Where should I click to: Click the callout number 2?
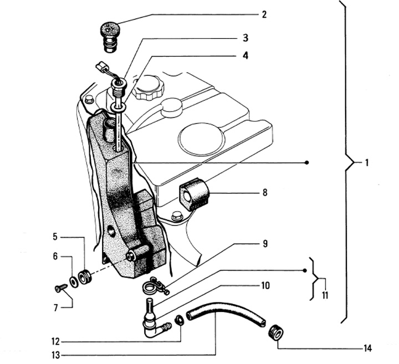click(264, 15)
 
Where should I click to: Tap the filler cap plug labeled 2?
click(110, 37)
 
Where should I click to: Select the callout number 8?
click(265, 193)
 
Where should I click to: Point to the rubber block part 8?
click(193, 194)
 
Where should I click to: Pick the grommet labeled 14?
click(276, 332)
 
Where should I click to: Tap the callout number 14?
click(367, 348)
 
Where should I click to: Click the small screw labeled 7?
click(61, 289)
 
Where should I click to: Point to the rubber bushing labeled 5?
click(85, 277)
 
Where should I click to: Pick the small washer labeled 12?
click(179, 320)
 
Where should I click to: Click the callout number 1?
click(367, 163)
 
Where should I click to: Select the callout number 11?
click(325, 295)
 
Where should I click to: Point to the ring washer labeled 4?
click(118, 107)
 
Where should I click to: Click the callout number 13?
click(56, 355)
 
